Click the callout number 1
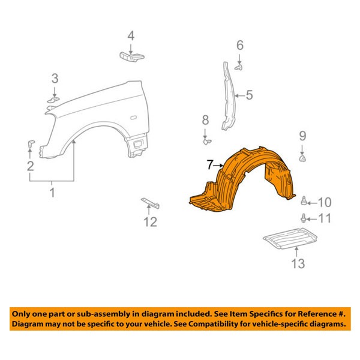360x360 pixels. [52, 193]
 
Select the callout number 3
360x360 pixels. [55, 78]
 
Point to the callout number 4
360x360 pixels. [130, 35]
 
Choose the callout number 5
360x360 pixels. [249, 94]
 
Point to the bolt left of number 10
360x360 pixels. [306, 200]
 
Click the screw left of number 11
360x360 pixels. [306, 218]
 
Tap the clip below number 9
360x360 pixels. [303, 158]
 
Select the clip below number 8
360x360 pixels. [207, 142]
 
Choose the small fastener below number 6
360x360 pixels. [239, 68]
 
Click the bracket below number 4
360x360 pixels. [131, 56]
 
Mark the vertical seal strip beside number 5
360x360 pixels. [227, 96]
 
